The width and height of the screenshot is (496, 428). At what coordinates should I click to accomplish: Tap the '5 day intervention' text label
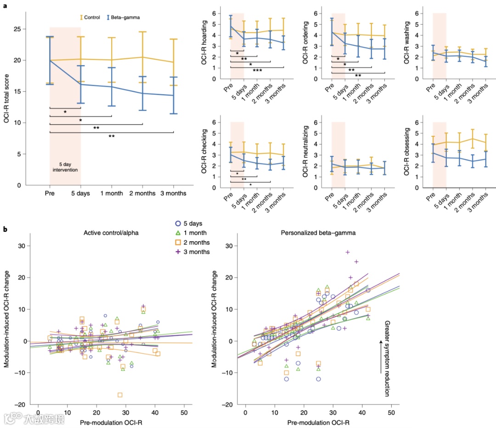click(65, 167)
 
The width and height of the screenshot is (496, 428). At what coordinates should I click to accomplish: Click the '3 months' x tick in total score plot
click(173, 193)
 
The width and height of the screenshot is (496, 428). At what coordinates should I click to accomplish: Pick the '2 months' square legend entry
click(194, 242)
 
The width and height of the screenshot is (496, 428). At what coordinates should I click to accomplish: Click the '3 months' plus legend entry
click(194, 252)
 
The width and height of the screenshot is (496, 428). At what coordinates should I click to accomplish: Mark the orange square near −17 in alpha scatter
click(120, 395)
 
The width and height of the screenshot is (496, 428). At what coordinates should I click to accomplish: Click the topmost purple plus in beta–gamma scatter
click(348, 252)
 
